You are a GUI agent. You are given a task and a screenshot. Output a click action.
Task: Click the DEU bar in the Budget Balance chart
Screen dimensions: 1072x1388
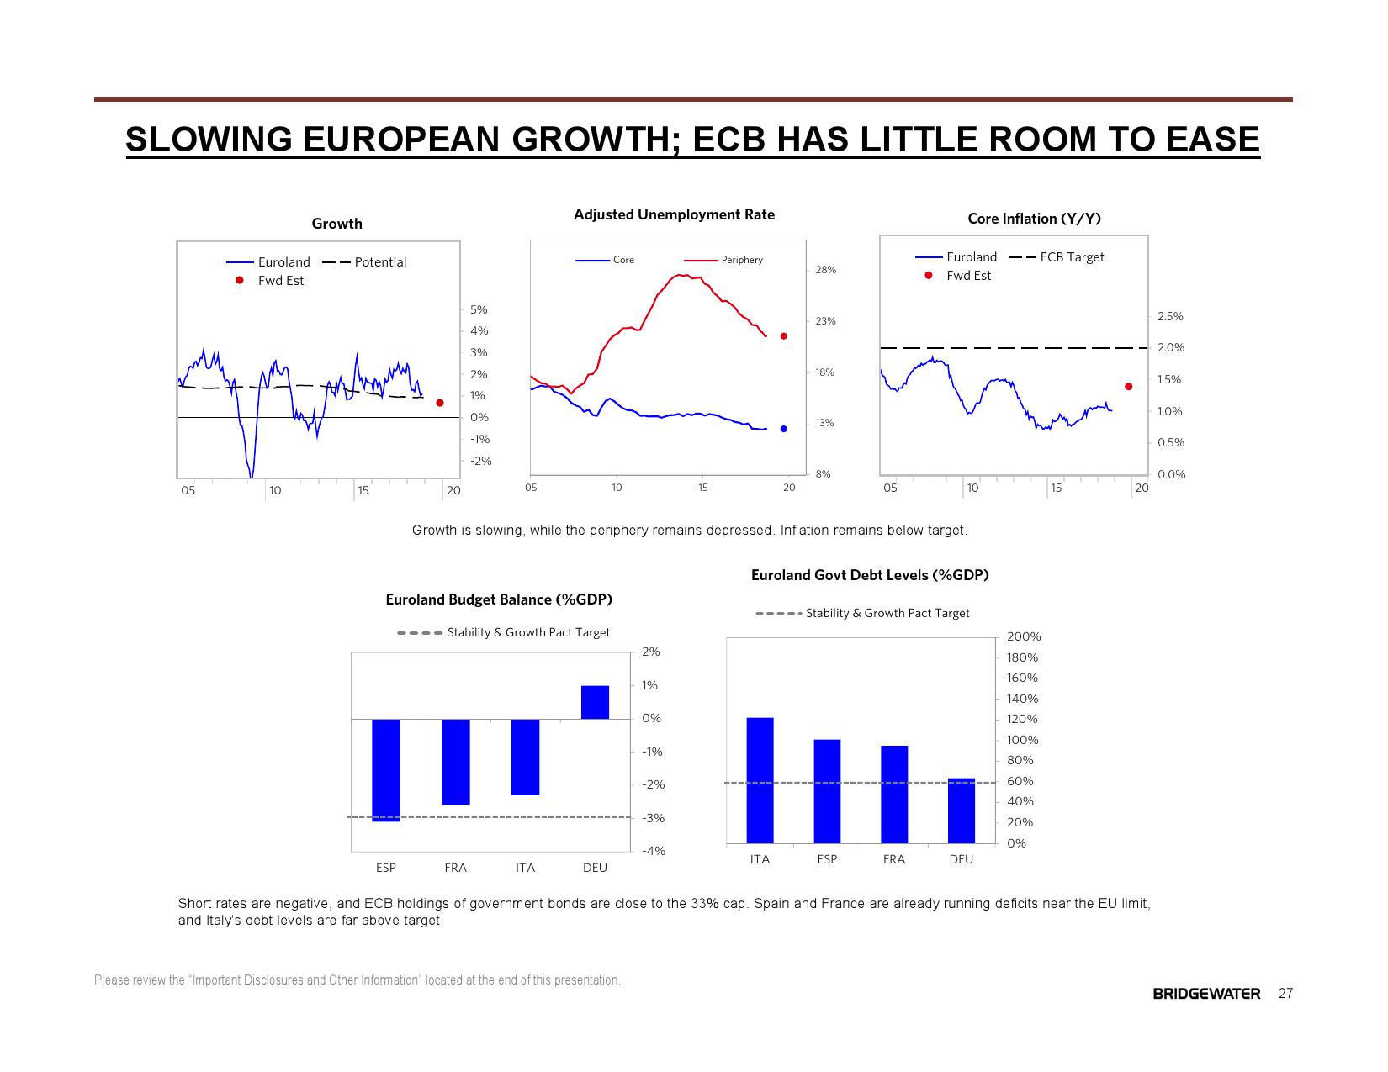tap(595, 702)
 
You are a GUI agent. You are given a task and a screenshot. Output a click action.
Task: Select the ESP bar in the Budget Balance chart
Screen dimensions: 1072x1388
tap(386, 769)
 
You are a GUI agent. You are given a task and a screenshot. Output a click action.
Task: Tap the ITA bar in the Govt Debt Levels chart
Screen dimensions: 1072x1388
tap(760, 779)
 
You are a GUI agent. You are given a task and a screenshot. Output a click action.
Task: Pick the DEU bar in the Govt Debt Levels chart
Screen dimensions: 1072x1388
tap(962, 811)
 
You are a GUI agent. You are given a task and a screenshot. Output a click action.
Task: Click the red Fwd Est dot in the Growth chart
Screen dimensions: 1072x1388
tap(440, 403)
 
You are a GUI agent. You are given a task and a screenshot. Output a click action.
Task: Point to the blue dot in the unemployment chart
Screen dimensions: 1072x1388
tap(784, 429)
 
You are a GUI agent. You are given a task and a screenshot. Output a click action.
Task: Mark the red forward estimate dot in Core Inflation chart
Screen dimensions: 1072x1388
tap(1129, 387)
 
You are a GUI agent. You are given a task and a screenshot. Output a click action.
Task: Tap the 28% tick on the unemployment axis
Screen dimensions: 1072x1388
tap(825, 270)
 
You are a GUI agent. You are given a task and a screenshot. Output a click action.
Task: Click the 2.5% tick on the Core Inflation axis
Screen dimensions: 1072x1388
tap(1170, 316)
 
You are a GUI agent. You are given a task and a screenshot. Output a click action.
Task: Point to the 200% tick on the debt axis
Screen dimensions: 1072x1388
tap(1024, 637)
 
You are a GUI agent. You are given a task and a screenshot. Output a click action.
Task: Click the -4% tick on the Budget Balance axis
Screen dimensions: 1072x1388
tap(654, 851)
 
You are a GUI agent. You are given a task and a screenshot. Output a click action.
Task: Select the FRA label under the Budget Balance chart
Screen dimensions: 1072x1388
tap(455, 868)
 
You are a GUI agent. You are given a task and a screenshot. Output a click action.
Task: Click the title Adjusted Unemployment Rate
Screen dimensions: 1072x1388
tap(674, 214)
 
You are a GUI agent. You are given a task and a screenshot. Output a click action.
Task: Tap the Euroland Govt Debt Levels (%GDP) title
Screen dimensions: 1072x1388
tap(870, 575)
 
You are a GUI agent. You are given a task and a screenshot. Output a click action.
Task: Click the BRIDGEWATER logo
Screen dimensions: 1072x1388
tap(1206, 994)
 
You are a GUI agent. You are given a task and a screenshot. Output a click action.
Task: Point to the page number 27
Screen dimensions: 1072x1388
tap(1285, 994)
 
